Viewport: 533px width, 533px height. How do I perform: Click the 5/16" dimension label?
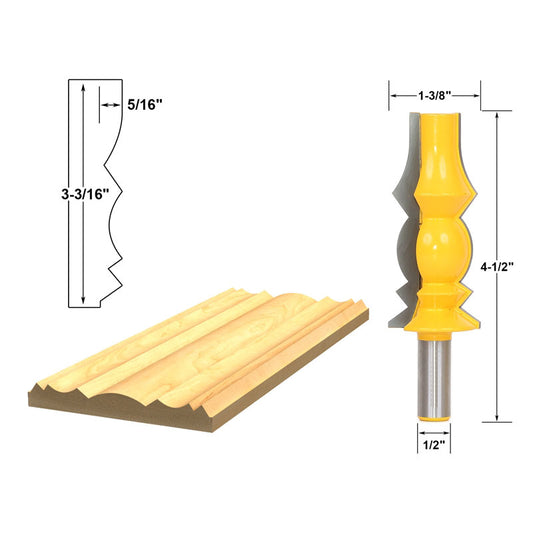pos(145,104)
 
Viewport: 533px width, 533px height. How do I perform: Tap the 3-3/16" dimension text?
pos(85,194)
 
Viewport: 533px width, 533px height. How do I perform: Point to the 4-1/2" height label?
pos(496,267)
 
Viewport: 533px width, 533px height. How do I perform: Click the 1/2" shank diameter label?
pos(434,445)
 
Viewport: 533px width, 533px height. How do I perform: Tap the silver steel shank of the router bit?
pos(434,377)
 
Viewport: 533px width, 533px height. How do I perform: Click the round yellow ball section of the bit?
pos(443,249)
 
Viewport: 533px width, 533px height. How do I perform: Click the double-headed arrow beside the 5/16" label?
pos(111,105)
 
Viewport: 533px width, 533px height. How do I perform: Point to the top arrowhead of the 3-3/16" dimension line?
pos(83,89)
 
